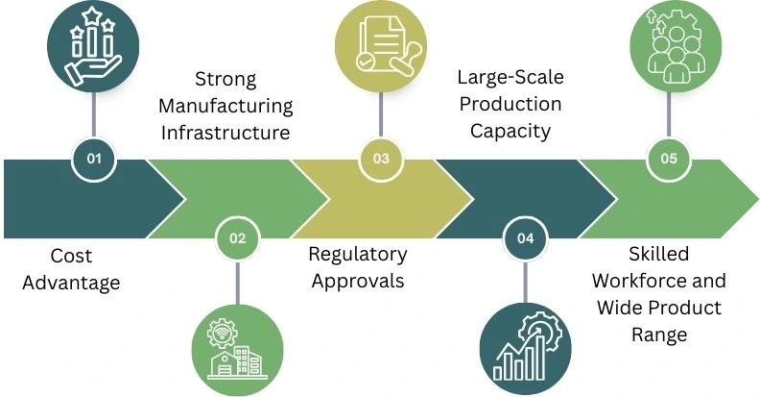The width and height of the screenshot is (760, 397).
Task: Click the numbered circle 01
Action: (x=93, y=160)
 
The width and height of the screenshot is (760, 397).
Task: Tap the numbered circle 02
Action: (x=237, y=237)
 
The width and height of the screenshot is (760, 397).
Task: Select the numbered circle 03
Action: (x=381, y=160)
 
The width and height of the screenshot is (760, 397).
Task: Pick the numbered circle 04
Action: (x=525, y=237)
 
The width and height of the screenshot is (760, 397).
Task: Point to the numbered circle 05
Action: (x=669, y=160)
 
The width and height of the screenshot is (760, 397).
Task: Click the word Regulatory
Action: (x=358, y=255)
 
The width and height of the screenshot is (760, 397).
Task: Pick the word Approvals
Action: (x=358, y=281)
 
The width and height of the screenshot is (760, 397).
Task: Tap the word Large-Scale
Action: (x=510, y=79)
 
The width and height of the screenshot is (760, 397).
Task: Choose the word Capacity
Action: (x=510, y=131)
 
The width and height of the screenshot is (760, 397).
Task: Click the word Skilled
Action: (x=658, y=255)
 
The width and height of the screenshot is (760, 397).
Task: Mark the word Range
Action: (x=658, y=334)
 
